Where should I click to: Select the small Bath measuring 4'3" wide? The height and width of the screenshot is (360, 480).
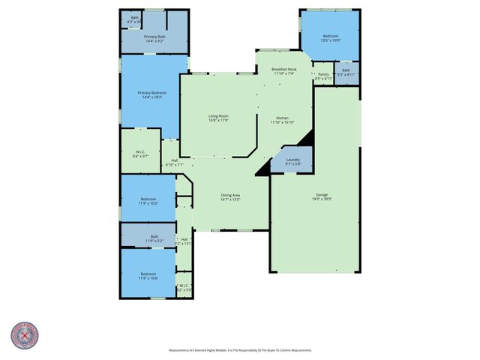[135, 19]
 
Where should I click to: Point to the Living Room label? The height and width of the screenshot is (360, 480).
[218, 118]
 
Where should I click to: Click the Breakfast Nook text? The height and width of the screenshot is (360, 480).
[284, 71]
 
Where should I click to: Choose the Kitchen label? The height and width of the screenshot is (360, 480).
[283, 120]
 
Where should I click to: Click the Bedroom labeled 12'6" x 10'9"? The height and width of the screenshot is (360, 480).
[331, 37]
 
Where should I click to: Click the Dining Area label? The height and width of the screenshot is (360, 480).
[230, 197]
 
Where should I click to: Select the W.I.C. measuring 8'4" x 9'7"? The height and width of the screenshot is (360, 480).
[140, 154]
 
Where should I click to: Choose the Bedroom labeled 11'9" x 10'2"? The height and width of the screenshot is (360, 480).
[148, 200]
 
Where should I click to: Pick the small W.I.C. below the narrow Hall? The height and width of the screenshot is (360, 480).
[184, 288]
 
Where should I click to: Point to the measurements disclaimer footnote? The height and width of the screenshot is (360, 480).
[240, 350]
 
